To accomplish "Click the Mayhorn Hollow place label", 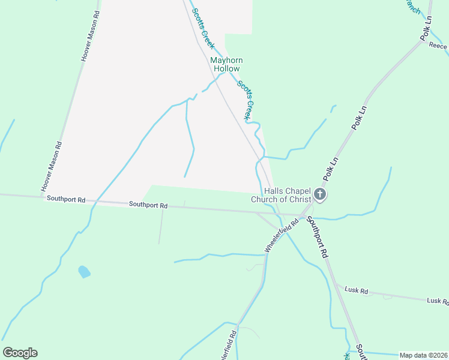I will (224, 64).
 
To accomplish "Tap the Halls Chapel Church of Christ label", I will (281, 195).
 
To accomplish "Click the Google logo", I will (20, 353).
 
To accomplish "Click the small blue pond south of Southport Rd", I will (84, 272).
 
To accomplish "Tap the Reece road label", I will (438, 46).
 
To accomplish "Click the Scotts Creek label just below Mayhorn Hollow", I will (247, 100).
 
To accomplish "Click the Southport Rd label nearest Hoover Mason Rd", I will (66, 199).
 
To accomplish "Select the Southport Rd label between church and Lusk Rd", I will (317, 236).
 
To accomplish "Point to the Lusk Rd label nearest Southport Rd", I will (356, 290).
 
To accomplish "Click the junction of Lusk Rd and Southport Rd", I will (336, 284).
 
